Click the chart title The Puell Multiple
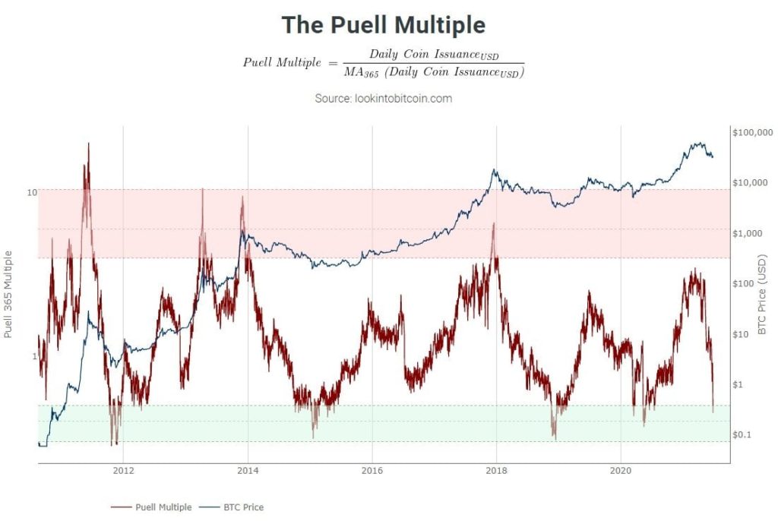point(383,25)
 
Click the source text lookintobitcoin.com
point(383,99)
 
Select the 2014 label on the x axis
point(248,470)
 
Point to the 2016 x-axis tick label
point(372,470)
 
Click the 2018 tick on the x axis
point(496,470)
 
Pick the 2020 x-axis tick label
point(621,470)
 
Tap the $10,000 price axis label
point(748,183)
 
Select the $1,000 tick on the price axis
point(747,233)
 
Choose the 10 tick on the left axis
point(32,192)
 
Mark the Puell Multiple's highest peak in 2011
point(88,143)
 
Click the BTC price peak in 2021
point(696,143)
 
